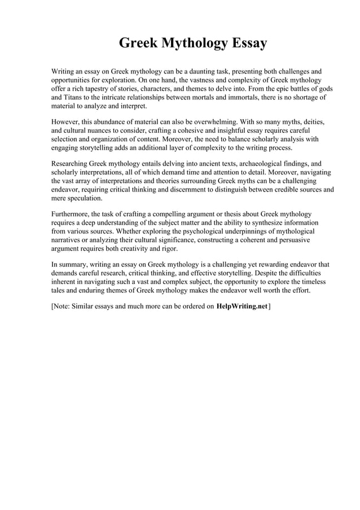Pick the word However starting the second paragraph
click(x=67, y=123)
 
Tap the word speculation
click(x=84, y=198)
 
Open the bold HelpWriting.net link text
click(x=242, y=307)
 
